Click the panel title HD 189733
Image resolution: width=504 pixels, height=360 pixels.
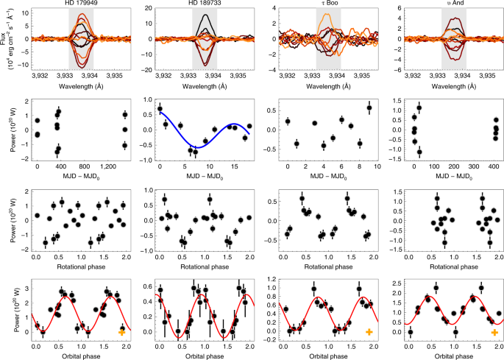pos(204,4)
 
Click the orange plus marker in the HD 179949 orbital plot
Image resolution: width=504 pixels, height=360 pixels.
pos(121,333)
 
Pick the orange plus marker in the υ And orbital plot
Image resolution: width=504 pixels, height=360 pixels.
pos(491,333)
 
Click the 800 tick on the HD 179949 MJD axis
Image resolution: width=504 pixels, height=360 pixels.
pos(83,167)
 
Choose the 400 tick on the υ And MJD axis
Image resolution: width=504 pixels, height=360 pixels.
pos(491,167)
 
